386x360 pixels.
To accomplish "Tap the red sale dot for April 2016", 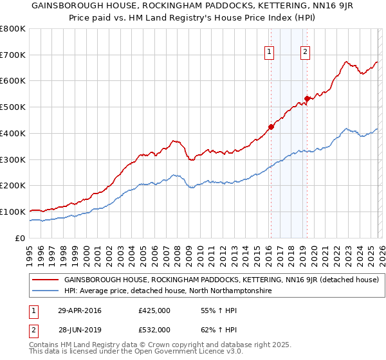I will [x=271, y=127].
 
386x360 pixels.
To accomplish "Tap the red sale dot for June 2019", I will [x=307, y=98].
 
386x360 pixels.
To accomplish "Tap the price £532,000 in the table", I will [x=154, y=330].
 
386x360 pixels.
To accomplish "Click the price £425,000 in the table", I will [x=154, y=310].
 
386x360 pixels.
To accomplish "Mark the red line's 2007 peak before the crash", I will [x=172, y=140].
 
